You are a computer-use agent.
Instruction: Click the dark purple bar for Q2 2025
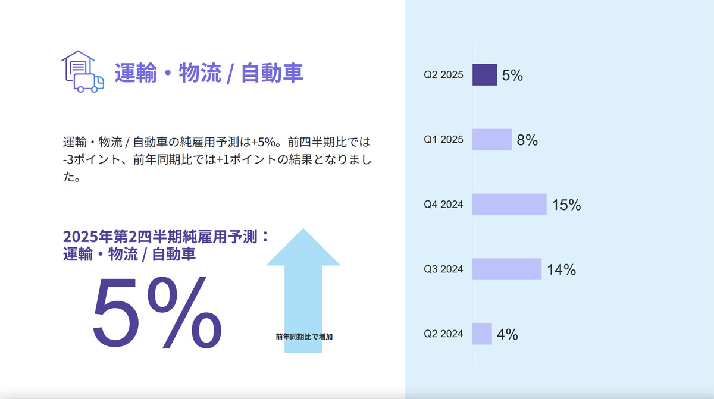pos(484,75)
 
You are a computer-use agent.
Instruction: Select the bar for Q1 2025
pos(492,140)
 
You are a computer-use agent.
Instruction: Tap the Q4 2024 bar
pos(509,205)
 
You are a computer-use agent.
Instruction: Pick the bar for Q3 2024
pos(507,269)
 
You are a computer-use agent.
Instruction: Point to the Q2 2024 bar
pos(482,334)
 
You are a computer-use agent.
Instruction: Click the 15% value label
pos(566,205)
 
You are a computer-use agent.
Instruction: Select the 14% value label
pos(562,269)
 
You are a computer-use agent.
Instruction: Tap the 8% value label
pos(527,140)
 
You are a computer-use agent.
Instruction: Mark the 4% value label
pos(508,334)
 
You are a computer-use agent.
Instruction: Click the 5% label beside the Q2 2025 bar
pos(512,76)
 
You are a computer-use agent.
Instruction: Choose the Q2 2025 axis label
pos(443,75)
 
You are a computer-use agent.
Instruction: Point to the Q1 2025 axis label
pos(443,140)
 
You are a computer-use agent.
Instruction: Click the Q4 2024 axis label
pos(443,205)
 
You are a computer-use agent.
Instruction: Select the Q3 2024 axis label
pos(443,269)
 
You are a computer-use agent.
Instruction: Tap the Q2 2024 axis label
pos(443,334)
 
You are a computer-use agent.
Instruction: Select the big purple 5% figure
pos(157,312)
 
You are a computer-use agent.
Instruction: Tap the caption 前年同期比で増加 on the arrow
pos(304,337)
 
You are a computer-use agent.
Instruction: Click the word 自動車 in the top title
pos(272,73)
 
